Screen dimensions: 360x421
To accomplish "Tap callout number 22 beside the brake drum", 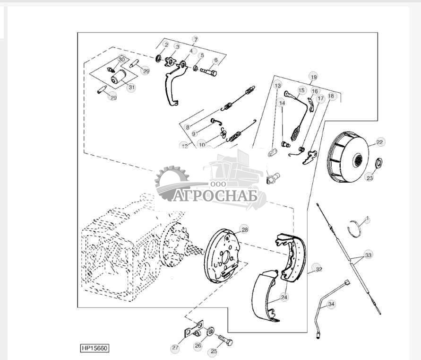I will pyautogui.click(x=380, y=142).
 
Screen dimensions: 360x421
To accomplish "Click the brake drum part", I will pyautogui.click(x=348, y=157).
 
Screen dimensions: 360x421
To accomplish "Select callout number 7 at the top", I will pyautogui.click(x=195, y=39).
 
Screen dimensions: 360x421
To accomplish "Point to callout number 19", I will pyautogui.click(x=313, y=76).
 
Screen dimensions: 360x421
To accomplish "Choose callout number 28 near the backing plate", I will pyautogui.click(x=244, y=230).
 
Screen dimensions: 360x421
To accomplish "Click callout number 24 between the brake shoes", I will pyautogui.click(x=284, y=297).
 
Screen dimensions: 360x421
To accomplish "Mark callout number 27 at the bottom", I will pyautogui.click(x=175, y=348).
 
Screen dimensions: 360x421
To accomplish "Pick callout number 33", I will pyautogui.click(x=368, y=255).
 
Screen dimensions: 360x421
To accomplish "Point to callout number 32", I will pyautogui.click(x=319, y=269).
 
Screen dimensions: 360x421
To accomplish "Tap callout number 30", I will pyautogui.click(x=122, y=60).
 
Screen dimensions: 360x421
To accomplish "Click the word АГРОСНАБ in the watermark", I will pyautogui.click(x=215, y=195).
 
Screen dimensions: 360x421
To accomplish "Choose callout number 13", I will pyautogui.click(x=277, y=86).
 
